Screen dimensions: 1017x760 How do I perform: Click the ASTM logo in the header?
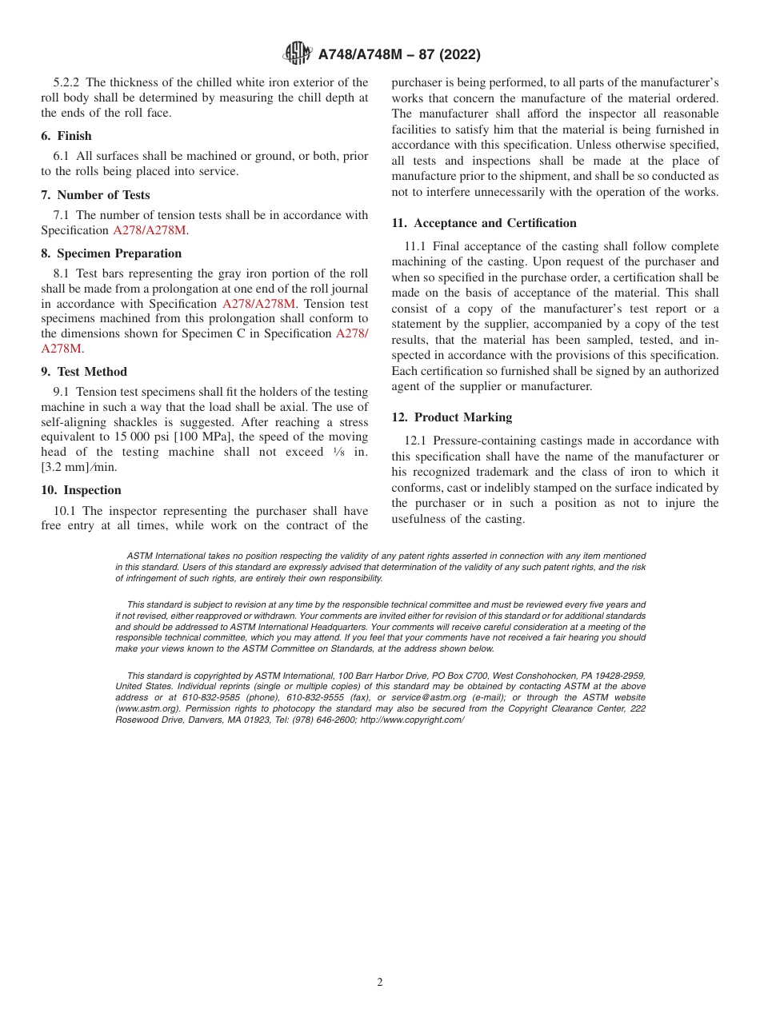click(298, 54)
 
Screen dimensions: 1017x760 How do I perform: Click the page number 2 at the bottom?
click(380, 983)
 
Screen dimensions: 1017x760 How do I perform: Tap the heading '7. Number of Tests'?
click(95, 195)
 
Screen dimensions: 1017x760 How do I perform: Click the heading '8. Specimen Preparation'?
click(111, 253)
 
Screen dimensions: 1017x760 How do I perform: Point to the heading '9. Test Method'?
click(84, 372)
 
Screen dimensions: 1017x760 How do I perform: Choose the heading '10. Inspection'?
click(81, 490)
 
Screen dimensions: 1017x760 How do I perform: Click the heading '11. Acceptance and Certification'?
click(484, 223)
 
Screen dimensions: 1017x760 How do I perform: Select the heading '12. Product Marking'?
click(452, 417)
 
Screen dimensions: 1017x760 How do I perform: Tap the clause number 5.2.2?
click(67, 82)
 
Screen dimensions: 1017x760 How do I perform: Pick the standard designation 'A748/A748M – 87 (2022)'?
click(399, 54)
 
